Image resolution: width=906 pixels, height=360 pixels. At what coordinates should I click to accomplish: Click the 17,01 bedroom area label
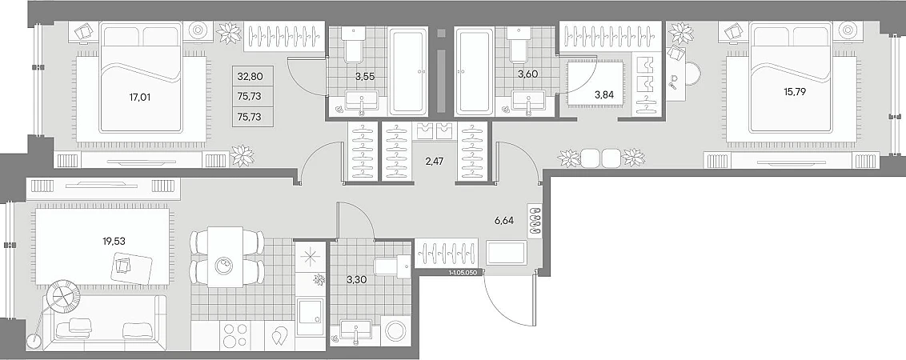point(140,97)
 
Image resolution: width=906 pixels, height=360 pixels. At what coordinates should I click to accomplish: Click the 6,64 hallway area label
point(504,220)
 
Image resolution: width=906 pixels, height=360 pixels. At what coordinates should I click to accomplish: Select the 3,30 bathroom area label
point(355,280)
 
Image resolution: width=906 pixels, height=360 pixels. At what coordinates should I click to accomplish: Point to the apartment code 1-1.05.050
point(464,271)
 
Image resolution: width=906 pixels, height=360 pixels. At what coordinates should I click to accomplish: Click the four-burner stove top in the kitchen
point(236,334)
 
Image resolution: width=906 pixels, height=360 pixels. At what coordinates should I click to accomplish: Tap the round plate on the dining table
point(223,266)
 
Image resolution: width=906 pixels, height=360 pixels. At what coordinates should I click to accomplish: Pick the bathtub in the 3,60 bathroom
point(475,70)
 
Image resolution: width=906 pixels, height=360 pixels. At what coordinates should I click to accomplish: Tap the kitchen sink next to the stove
point(311,317)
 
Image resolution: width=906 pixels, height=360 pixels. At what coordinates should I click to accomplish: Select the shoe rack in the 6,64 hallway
point(534,221)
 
